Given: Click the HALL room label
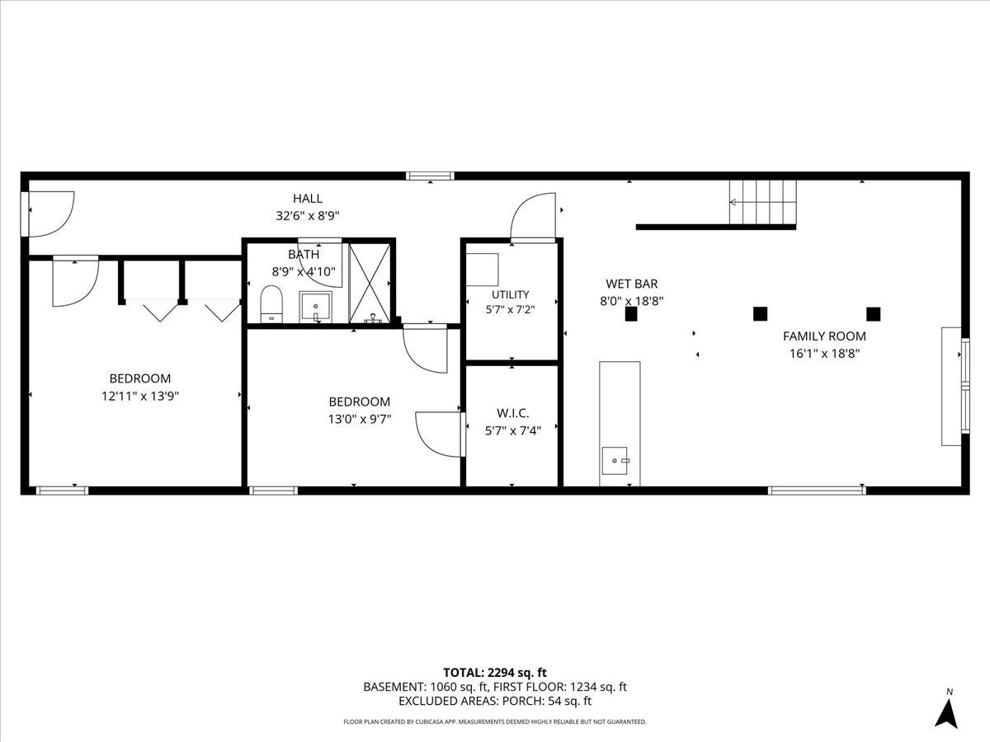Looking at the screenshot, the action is pyautogui.click(x=308, y=198).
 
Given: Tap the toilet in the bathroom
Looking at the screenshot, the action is pyautogui.click(x=271, y=304).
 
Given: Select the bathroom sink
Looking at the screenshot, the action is pyautogui.click(x=316, y=308).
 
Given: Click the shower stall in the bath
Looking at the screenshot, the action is pyautogui.click(x=370, y=284).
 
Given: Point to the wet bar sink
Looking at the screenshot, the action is pyautogui.click(x=615, y=460).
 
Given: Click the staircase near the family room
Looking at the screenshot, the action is pyautogui.click(x=762, y=202).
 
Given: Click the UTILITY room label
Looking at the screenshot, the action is pyautogui.click(x=510, y=294).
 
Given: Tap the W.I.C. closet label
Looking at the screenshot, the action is pyautogui.click(x=513, y=413).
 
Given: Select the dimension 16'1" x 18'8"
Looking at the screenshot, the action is pyautogui.click(x=824, y=354).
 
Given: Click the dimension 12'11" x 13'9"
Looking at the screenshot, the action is pyautogui.click(x=140, y=397).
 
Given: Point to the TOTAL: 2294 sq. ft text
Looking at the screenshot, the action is pyautogui.click(x=495, y=673).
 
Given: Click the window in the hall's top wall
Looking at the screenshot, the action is pyautogui.click(x=430, y=176).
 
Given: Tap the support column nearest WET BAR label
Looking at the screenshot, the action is pyautogui.click(x=631, y=314).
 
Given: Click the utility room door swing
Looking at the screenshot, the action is pyautogui.click(x=533, y=217).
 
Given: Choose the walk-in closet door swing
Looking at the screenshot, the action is pyautogui.click(x=440, y=434).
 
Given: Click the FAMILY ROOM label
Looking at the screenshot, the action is pyautogui.click(x=824, y=336).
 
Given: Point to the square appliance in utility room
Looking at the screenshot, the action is pyautogui.click(x=482, y=270).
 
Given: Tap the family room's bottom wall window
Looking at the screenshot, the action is pyautogui.click(x=817, y=491).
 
